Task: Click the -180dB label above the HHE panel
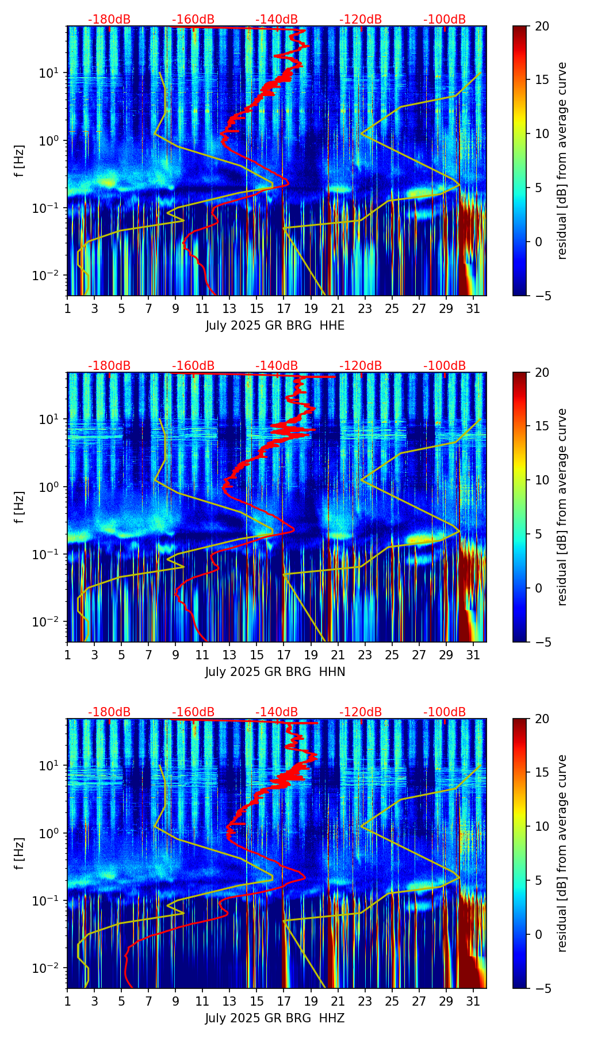tap(109, 20)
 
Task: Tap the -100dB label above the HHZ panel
tap(445, 712)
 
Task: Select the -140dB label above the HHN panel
tap(277, 366)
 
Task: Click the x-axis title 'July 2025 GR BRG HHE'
tap(275, 326)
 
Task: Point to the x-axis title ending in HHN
tap(275, 672)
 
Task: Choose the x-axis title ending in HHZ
tap(275, 1018)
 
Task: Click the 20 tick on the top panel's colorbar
tap(541, 26)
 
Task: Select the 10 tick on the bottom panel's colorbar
tap(541, 826)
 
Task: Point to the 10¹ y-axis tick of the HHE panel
tap(53, 73)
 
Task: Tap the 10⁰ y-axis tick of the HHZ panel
tap(53, 833)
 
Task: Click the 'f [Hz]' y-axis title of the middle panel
tap(20, 507)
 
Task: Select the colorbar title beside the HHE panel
tap(562, 161)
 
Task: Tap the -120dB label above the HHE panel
tap(361, 20)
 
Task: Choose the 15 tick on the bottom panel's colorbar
tap(541, 772)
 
